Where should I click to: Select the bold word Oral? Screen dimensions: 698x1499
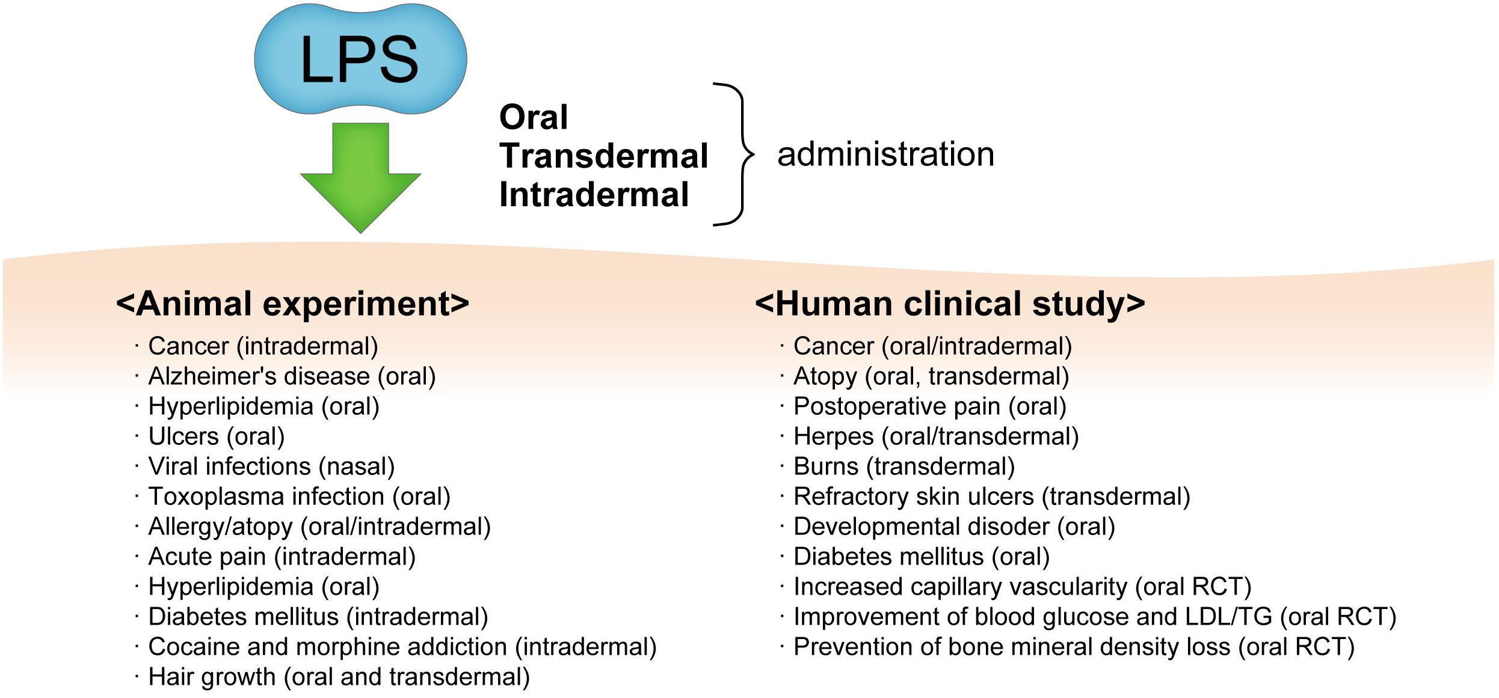[x=533, y=117]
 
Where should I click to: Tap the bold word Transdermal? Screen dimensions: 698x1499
[x=603, y=156]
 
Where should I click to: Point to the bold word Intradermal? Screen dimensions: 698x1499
[x=594, y=195]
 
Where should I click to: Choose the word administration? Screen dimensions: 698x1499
[x=885, y=155]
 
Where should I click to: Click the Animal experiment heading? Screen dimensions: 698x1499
[x=292, y=304]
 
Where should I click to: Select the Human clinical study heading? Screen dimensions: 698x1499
[x=950, y=304]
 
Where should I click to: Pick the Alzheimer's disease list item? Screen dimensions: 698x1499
[x=292, y=376]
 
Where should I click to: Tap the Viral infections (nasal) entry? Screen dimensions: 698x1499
[x=271, y=467]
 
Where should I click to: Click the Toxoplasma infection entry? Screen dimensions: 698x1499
[x=299, y=497]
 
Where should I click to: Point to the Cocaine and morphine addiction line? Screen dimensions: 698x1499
[x=402, y=647]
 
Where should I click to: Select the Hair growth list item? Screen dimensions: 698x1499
[x=339, y=677]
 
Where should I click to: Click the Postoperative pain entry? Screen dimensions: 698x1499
[x=929, y=406]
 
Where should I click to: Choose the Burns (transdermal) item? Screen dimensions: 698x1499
[x=904, y=467]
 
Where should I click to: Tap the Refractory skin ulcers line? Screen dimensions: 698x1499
[x=991, y=497]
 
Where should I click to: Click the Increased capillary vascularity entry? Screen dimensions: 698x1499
[x=1022, y=587]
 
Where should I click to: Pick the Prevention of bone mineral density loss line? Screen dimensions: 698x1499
[x=1074, y=647]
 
